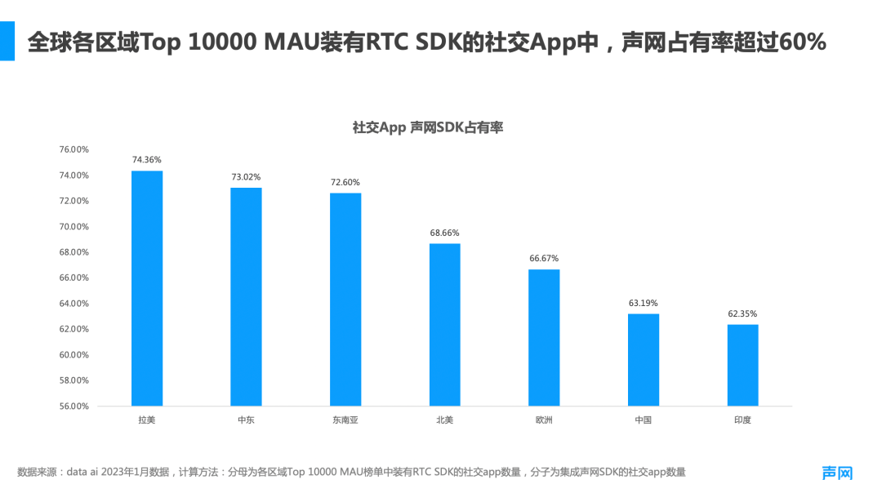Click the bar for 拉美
pyautogui.click(x=147, y=288)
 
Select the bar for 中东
pyautogui.click(x=247, y=297)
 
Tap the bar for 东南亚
pyautogui.click(x=345, y=300)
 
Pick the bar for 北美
pyautogui.click(x=445, y=325)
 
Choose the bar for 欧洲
pyautogui.click(x=544, y=338)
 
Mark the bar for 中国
pyautogui.click(x=644, y=360)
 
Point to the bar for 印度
pyautogui.click(x=742, y=365)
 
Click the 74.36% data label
pyautogui.click(x=147, y=160)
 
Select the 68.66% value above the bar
pyautogui.click(x=445, y=233)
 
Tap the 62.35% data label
pyautogui.click(x=742, y=313)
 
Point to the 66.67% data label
pyautogui.click(x=544, y=259)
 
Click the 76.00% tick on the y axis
pyautogui.click(x=73, y=149)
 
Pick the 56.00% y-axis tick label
pyautogui.click(x=73, y=406)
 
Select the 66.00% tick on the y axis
pyautogui.click(x=73, y=278)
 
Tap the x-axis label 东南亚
pyautogui.click(x=345, y=420)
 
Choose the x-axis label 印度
pyautogui.click(x=742, y=420)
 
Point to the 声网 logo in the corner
pyautogui.click(x=837, y=473)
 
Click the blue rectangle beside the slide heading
pyautogui.click(x=7, y=41)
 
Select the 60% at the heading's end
pyautogui.click(x=804, y=42)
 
